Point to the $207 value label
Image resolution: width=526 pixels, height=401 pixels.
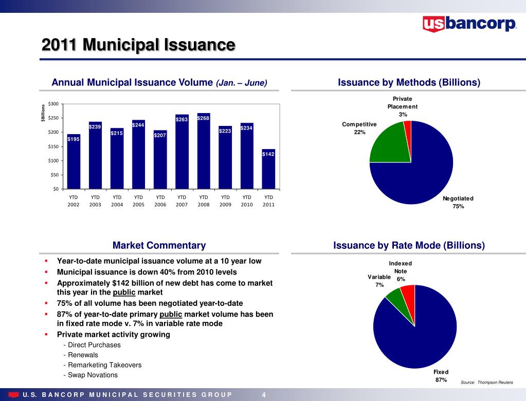[x=160, y=135]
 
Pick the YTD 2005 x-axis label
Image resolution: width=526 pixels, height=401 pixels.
[x=138, y=200]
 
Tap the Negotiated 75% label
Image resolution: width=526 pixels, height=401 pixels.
[x=458, y=202]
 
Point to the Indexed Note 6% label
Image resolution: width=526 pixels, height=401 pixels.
[x=401, y=271]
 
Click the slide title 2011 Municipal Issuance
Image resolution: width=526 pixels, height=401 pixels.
[x=138, y=45]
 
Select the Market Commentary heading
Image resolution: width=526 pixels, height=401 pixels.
[x=159, y=246]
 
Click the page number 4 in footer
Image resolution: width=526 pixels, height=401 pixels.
[x=264, y=395]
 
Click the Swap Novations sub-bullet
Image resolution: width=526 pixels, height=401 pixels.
[x=90, y=375]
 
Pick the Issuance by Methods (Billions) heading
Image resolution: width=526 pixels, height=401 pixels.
[x=409, y=83]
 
